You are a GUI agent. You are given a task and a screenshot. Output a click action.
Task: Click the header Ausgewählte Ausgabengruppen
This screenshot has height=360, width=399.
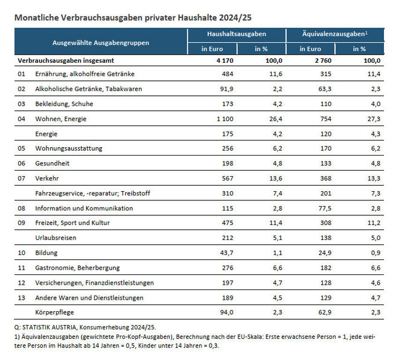coord(101,43)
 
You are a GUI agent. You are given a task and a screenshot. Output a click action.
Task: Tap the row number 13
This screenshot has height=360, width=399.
coord(22,297)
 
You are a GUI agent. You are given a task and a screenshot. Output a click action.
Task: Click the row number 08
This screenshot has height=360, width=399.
coord(22,209)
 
